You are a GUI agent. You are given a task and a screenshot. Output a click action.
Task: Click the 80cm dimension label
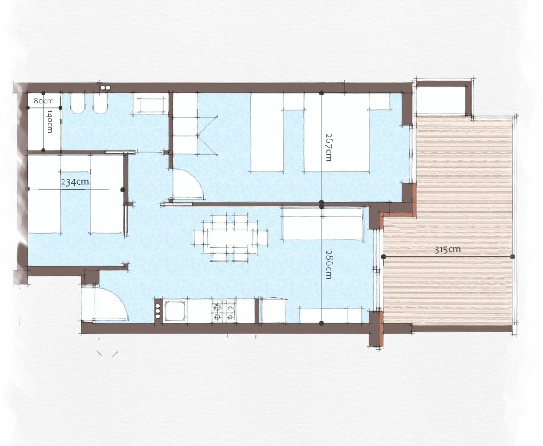[44, 101]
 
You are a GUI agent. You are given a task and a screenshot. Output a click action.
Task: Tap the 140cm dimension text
[50, 122]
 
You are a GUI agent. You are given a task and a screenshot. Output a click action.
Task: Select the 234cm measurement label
[75, 182]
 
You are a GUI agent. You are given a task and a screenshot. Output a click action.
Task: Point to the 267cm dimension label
[328, 147]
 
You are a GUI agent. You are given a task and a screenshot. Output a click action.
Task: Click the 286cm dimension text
[328, 265]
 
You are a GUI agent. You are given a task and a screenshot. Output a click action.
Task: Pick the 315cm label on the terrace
[448, 249]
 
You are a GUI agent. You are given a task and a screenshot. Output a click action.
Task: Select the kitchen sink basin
[175, 311]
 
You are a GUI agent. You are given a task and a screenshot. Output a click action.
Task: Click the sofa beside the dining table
[323, 223]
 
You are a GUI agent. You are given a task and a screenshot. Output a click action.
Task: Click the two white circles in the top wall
[106, 88]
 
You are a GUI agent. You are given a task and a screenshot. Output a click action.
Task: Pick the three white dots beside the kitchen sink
[157, 311]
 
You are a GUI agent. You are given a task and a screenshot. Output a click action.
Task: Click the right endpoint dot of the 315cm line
[512, 256]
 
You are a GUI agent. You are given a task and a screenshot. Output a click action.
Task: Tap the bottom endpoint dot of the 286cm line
[322, 323]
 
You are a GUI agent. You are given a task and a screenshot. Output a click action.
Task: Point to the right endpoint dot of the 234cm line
[123, 190]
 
